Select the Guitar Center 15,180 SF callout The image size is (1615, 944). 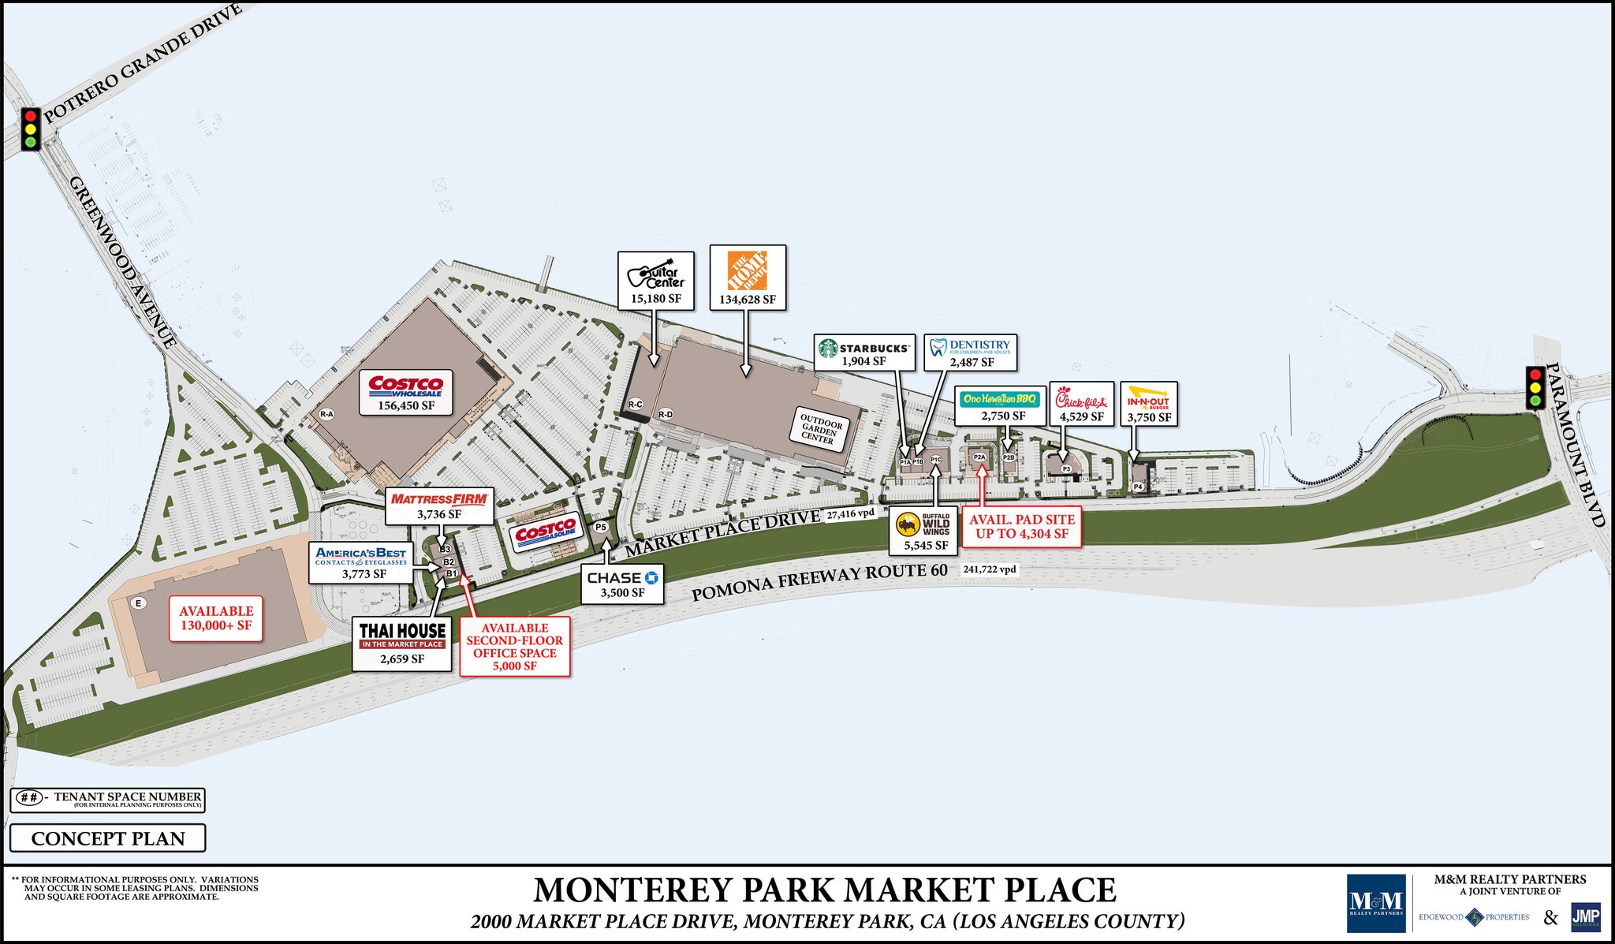[x=655, y=281]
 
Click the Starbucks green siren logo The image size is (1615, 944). [x=827, y=349]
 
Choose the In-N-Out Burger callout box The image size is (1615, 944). [x=1148, y=404]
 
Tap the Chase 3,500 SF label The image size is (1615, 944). [x=622, y=584]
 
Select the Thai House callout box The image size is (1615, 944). [x=402, y=643]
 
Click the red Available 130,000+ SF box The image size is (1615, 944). [x=216, y=618]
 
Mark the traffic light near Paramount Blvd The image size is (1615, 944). [x=1535, y=387]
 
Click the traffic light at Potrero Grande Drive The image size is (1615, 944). [x=31, y=129]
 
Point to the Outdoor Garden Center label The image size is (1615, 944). [x=820, y=428]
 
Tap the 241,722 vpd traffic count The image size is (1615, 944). [x=989, y=569]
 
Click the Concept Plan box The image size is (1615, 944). [x=108, y=838]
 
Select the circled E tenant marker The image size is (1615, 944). [x=139, y=603]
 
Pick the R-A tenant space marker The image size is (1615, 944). [x=326, y=413]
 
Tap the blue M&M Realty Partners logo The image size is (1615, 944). [x=1376, y=903]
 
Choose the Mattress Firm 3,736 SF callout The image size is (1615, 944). [x=439, y=506]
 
